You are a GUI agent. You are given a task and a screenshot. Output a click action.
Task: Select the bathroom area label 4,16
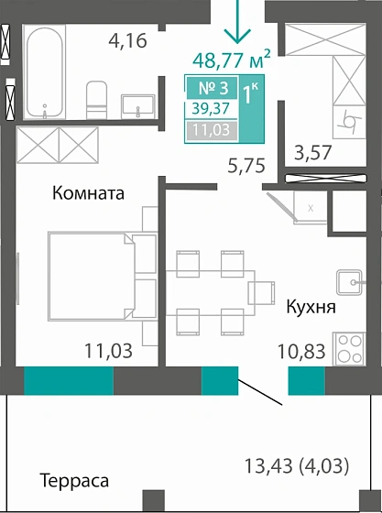(x=127, y=40)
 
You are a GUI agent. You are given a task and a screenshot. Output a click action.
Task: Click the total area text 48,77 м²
(x=231, y=60)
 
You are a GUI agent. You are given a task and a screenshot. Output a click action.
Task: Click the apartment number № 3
(x=213, y=90)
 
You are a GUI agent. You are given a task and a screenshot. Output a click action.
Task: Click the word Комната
(x=88, y=194)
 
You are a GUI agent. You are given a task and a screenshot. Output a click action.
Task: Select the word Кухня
(x=311, y=307)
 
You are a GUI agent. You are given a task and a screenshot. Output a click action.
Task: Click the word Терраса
(x=74, y=481)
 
